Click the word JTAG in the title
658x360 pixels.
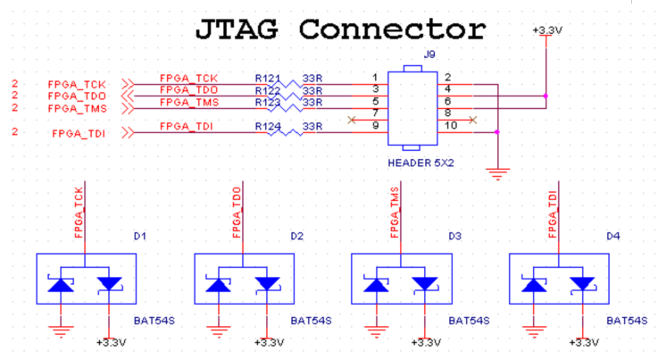tap(237, 29)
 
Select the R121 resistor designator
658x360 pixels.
tap(267, 79)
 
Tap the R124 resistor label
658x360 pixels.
tap(268, 127)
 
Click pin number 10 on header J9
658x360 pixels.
tap(451, 126)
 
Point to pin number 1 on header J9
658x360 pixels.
tap(375, 78)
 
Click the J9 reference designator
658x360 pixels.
tap(429, 54)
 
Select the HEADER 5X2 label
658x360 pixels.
tap(421, 163)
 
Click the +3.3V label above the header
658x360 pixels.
tap(547, 30)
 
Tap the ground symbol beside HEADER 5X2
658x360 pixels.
tap(497, 174)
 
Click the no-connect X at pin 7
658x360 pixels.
tap(352, 121)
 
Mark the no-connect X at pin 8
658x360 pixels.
tap(473, 121)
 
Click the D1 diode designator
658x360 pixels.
tap(140, 237)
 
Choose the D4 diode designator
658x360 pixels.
tap(613, 237)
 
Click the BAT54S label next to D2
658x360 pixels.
tap(311, 321)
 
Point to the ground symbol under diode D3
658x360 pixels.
tap(376, 331)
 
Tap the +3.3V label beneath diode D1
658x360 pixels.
tap(112, 343)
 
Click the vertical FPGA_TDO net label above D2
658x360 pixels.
tap(237, 213)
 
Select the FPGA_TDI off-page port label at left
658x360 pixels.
tap(79, 134)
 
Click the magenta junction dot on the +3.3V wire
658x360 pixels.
tap(546, 96)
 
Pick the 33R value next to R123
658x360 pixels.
tap(312, 103)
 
